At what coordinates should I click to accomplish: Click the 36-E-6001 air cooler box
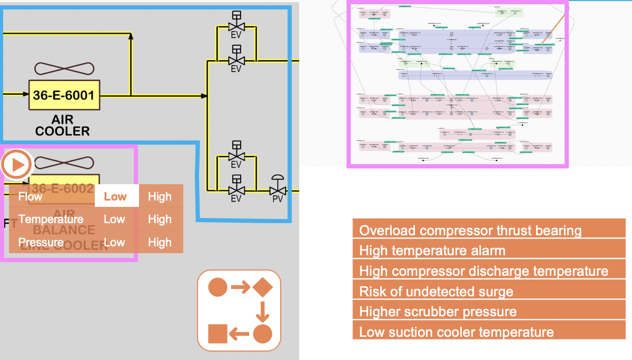point(64,95)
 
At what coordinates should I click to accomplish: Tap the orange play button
point(17,165)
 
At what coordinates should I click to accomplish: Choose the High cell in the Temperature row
point(160,219)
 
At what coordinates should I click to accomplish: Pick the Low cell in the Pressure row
point(114,242)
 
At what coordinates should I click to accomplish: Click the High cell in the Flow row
point(160,196)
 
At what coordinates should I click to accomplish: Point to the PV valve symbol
point(278,187)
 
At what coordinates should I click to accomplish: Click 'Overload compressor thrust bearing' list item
point(489,230)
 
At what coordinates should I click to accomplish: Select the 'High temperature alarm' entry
point(489,251)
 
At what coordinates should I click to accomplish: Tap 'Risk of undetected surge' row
point(489,291)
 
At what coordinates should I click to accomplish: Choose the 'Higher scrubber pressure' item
point(489,312)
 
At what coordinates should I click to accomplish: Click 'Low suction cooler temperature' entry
point(489,332)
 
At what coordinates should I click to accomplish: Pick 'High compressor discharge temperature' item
point(489,271)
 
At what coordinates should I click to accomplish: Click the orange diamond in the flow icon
point(262,287)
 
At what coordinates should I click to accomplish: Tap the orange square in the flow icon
point(218,334)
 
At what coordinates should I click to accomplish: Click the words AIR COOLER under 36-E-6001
point(63,125)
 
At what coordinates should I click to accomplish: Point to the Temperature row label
point(51,219)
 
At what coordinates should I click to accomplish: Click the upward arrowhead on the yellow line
point(131,36)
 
